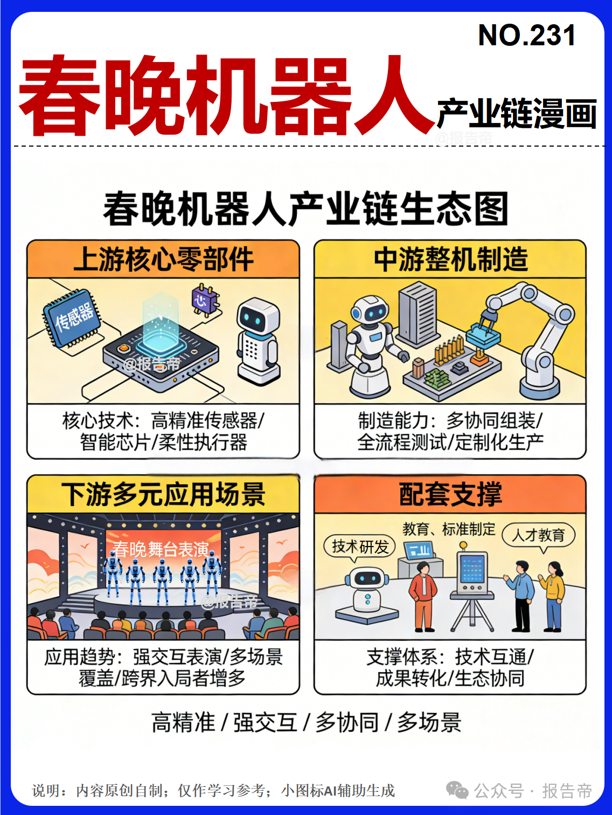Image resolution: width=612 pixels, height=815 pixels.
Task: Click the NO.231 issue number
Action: tap(527, 35)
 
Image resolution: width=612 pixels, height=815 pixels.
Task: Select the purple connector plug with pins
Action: tap(205, 300)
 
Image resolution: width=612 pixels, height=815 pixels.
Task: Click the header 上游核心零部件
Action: tap(163, 259)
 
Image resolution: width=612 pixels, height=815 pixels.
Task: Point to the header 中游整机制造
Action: tap(450, 259)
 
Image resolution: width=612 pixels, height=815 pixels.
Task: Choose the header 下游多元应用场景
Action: tap(163, 494)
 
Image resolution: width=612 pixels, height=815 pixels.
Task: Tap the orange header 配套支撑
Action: tap(450, 494)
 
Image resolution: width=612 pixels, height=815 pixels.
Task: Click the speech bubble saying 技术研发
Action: tap(360, 547)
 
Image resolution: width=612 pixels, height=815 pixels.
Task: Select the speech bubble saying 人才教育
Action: tap(539, 535)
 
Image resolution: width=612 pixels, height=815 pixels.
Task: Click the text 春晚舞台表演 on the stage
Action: tap(161, 549)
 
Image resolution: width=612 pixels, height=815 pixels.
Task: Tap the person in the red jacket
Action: tap(423, 597)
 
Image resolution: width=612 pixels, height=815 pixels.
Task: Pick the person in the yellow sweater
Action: tap(552, 597)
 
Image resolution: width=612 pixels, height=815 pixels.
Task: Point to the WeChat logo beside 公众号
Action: tap(457, 791)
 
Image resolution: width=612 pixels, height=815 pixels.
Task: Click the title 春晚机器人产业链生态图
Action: tap(305, 209)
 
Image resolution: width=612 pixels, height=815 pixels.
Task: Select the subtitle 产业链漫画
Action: tap(517, 114)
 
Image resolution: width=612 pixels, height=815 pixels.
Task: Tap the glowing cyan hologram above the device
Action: tap(161, 322)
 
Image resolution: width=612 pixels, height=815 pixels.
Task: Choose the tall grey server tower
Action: tap(417, 314)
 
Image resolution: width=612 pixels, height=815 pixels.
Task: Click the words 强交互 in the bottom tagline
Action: tap(265, 722)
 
